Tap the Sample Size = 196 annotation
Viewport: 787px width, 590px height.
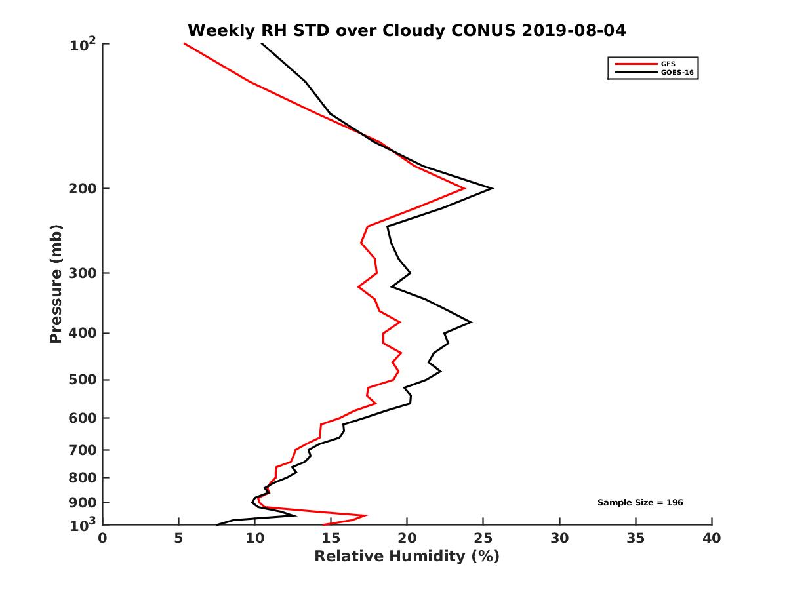640,503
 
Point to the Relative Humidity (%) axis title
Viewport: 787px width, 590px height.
407,557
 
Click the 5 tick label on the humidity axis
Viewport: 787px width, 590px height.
178,538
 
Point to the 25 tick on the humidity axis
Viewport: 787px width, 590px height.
483,538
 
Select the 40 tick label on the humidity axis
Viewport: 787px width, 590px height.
712,538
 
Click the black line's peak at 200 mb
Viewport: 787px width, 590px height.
492,189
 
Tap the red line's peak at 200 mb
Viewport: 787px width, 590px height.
464,189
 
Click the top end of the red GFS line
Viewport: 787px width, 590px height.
184,43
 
